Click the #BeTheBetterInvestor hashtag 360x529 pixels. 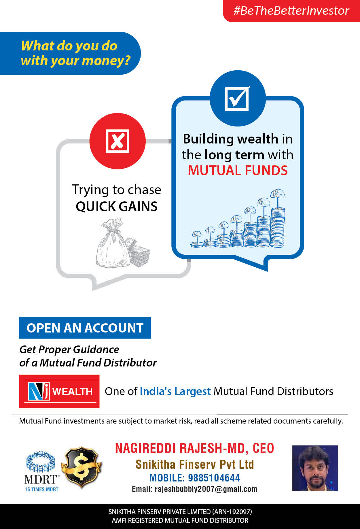pyautogui.click(x=291, y=11)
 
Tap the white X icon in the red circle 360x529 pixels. pyautogui.click(x=118, y=141)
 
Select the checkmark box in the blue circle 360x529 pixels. pyautogui.click(x=237, y=98)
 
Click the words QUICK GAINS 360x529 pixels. pyautogui.click(x=117, y=206)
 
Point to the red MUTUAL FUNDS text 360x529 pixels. pyautogui.click(x=238, y=170)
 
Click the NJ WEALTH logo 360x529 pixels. pyautogui.click(x=59, y=391)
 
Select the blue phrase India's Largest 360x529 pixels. pyautogui.click(x=175, y=391)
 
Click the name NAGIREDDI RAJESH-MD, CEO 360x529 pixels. pyautogui.click(x=194, y=448)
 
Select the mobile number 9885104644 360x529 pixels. pyautogui.click(x=214, y=478)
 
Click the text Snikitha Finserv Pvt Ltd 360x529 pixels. pyautogui.click(x=195, y=464)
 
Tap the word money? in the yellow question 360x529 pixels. pyautogui.click(x=106, y=61)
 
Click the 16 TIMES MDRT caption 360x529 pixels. pyautogui.click(x=42, y=489)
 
